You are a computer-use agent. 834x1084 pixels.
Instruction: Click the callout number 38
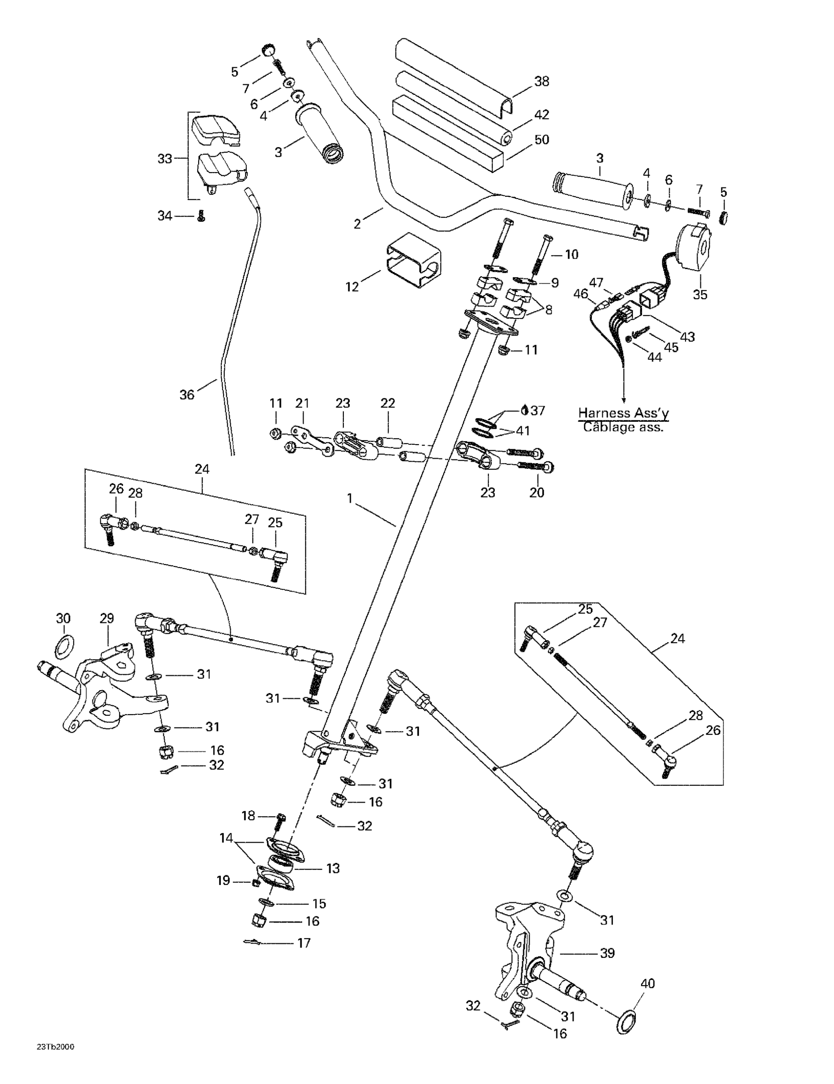541,81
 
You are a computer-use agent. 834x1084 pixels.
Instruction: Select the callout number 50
541,140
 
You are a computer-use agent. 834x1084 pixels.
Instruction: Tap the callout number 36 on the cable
187,395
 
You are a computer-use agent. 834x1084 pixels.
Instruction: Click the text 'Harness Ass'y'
623,413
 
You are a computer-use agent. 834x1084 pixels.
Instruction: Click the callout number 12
351,287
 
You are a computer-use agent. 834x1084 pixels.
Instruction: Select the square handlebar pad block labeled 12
412,261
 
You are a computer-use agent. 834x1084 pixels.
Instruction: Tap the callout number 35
700,294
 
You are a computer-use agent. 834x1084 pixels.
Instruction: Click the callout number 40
647,983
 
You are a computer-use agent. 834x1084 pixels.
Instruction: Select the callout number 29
106,619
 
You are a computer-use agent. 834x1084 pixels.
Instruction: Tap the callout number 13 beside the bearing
333,868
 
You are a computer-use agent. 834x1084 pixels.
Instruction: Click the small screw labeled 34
201,216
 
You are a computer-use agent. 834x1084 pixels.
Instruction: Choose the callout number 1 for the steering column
350,498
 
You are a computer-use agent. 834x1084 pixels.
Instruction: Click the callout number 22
388,404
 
